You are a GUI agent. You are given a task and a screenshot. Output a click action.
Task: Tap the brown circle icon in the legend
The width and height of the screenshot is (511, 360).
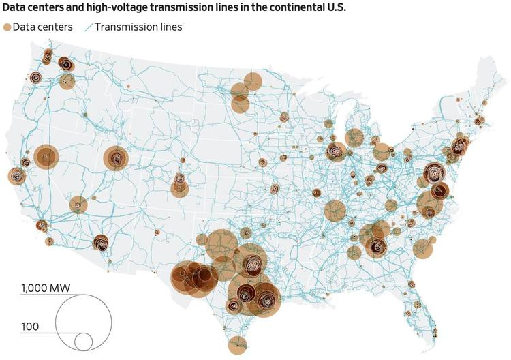click(7, 27)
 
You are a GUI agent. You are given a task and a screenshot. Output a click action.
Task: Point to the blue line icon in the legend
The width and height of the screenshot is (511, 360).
click(88, 27)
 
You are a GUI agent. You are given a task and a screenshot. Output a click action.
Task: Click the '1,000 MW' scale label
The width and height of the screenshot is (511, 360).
click(46, 288)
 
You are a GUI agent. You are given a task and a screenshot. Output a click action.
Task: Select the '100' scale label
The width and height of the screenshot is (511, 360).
click(30, 327)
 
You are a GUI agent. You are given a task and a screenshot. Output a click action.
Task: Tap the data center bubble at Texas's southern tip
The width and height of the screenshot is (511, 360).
click(237, 345)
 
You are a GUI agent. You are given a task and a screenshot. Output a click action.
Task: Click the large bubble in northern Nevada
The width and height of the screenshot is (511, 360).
click(46, 157)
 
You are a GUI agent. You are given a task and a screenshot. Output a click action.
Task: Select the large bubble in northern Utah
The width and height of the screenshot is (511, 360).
click(117, 159)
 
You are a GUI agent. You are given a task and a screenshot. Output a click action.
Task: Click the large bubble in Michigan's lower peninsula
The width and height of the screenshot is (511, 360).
click(354, 138)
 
